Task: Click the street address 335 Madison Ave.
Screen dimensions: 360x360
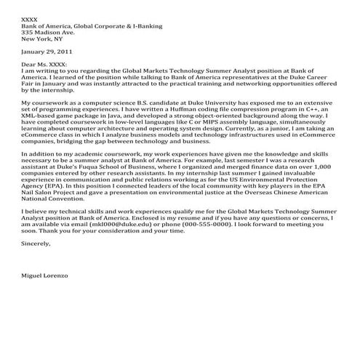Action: coord(48,33)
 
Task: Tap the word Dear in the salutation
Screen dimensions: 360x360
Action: coord(30,65)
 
